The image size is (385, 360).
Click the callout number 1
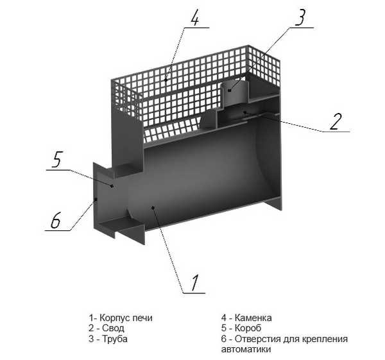[x=195, y=282]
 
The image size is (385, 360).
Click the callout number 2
[x=336, y=121]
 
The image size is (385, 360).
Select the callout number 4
[x=194, y=17]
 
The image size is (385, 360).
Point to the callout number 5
[x=57, y=160]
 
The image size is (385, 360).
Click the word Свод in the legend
[x=113, y=328]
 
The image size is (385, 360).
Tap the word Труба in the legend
[x=115, y=339]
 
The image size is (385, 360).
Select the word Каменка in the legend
[x=253, y=318]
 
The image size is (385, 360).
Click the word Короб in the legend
[x=248, y=328]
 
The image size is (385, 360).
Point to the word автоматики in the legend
[x=246, y=350]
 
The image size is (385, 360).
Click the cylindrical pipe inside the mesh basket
[x=234, y=93]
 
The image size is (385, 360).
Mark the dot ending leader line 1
[x=153, y=208]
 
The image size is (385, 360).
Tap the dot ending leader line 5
[x=112, y=186]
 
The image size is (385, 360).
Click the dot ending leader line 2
[x=244, y=112]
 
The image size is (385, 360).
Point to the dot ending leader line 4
[x=166, y=80]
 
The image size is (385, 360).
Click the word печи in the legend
[x=142, y=318]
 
